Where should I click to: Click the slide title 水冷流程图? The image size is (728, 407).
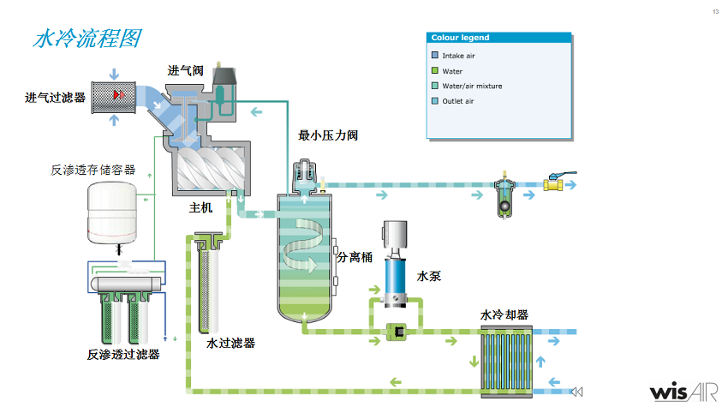pyautogui.click(x=87, y=39)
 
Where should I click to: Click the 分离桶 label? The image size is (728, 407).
pyautogui.click(x=355, y=257)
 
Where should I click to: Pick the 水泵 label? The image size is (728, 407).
pyautogui.click(x=429, y=277)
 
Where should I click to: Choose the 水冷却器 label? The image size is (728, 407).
pyautogui.click(x=504, y=314)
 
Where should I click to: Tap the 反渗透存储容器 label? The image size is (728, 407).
pyautogui.click(x=93, y=170)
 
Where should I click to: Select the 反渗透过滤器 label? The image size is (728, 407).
pyautogui.click(x=123, y=354)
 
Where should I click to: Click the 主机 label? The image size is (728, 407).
pyautogui.click(x=200, y=208)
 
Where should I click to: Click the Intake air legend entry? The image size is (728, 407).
pyautogui.click(x=458, y=56)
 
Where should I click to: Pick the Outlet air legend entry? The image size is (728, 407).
pyautogui.click(x=458, y=101)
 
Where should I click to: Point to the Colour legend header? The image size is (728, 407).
pyautogui.click(x=460, y=38)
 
